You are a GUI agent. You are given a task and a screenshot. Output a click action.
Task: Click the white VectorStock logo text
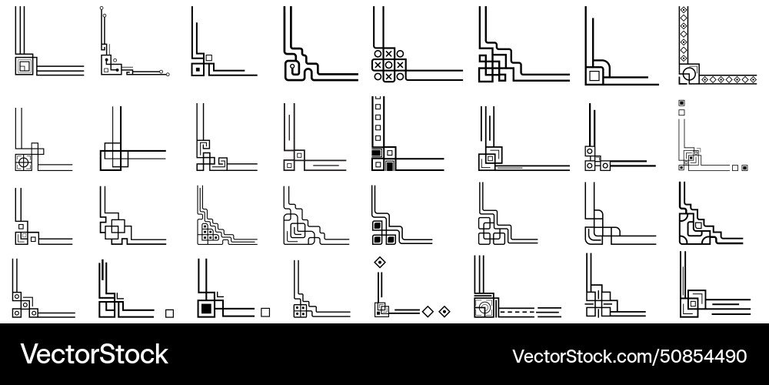point(94,354)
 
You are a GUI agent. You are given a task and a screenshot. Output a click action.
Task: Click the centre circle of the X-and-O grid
point(389,65)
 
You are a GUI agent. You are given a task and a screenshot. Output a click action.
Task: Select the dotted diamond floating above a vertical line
point(380,263)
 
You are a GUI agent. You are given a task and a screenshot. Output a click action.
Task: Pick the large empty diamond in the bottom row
point(428,311)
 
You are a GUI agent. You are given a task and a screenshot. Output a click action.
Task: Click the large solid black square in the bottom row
point(206,309)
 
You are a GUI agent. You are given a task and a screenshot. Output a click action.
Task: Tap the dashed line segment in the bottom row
point(517,312)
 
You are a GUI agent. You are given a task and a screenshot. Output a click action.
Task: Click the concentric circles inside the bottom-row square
point(484,309)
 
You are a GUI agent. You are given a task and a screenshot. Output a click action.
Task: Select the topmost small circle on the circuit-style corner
point(102,8)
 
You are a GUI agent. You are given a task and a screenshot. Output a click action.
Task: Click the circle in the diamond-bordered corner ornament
point(690,74)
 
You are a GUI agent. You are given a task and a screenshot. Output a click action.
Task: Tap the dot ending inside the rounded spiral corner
point(293,65)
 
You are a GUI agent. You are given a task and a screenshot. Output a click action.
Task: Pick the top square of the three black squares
point(378,226)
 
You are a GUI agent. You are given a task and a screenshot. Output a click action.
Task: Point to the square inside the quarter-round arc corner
point(594,75)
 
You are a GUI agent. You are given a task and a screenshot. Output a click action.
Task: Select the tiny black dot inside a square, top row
point(198,70)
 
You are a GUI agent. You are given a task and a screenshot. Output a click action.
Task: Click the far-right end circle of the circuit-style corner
point(168,74)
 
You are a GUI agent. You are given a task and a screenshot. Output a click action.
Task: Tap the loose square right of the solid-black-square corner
point(265,313)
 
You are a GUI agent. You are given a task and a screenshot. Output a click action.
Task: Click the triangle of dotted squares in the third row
point(209,231)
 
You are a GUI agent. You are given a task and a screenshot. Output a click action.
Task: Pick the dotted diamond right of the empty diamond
point(444,311)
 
